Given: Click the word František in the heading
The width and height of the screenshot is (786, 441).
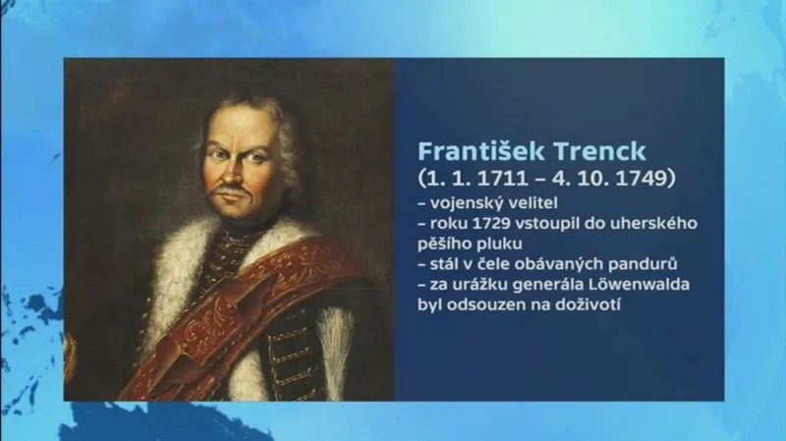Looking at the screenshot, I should pyautogui.click(x=474, y=151).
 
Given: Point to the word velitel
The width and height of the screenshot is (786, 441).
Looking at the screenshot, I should pyautogui.click(x=533, y=203).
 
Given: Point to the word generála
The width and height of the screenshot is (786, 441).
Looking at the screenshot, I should pyautogui.click(x=554, y=286).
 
